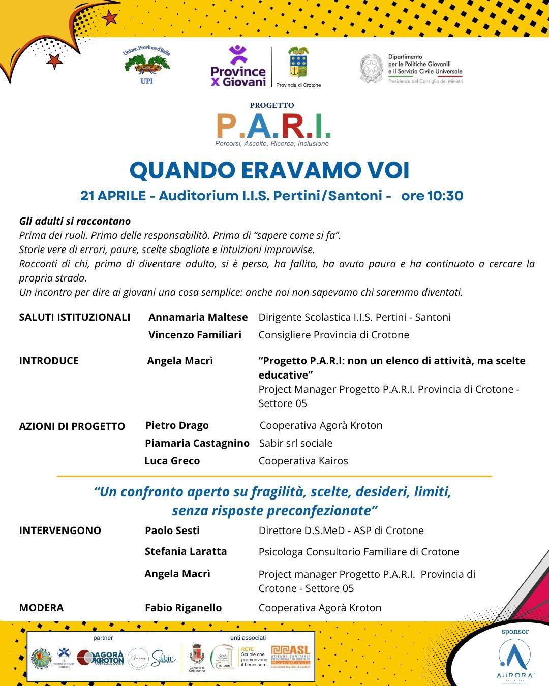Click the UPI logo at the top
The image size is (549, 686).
(x=146, y=67)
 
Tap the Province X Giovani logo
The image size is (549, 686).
(x=238, y=67)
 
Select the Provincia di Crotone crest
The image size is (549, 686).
(x=298, y=63)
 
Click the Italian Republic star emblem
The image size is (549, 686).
(x=371, y=69)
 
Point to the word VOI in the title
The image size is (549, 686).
(x=386, y=170)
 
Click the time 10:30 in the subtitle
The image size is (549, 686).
(x=445, y=196)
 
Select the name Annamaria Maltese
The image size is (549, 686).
(x=198, y=317)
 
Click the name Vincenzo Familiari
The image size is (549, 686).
(x=195, y=335)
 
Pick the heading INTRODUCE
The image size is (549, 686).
(x=49, y=361)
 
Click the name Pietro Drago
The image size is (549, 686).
(x=177, y=425)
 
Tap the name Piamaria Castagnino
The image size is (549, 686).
(x=197, y=443)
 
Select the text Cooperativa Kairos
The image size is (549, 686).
(x=303, y=461)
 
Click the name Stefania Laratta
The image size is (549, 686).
(x=186, y=551)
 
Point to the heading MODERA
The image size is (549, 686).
(x=41, y=608)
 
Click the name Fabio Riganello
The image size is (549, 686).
(x=183, y=608)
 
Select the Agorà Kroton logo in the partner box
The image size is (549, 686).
(x=101, y=658)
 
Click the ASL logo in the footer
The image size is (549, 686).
(x=290, y=657)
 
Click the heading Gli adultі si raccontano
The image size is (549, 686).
(x=75, y=221)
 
